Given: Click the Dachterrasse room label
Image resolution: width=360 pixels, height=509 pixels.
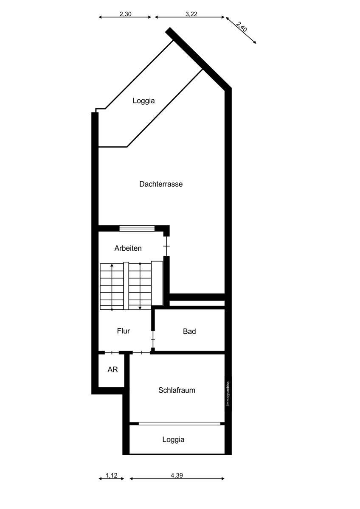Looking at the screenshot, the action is [x=161, y=184].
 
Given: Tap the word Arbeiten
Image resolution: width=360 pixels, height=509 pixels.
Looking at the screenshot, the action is [x=128, y=248].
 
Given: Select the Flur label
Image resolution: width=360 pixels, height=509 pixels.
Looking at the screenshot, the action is [x=124, y=331].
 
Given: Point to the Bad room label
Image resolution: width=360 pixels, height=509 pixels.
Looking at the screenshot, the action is [x=189, y=331].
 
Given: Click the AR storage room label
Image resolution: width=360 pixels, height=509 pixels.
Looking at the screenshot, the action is [x=112, y=369].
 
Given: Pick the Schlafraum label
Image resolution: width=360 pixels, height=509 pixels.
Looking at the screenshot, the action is [x=177, y=390].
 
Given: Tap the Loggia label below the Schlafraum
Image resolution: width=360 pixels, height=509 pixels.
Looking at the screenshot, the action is [x=173, y=439].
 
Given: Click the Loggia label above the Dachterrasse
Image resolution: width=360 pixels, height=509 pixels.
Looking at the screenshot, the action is [x=144, y=101].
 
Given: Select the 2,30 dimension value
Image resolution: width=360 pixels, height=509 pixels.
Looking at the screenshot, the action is [x=126, y=14].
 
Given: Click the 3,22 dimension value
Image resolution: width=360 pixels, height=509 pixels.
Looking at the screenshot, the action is [x=191, y=14].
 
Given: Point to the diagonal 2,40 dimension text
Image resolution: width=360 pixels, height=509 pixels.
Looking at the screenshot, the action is [x=242, y=27].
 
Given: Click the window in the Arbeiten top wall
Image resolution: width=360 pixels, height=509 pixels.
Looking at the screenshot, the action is [x=137, y=228].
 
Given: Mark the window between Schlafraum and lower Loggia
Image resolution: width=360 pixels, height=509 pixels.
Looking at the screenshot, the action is [x=180, y=424].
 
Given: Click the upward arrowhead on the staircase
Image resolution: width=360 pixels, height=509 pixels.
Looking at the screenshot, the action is [x=112, y=266].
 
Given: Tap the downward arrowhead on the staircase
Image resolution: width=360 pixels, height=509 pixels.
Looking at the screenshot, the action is [x=140, y=308].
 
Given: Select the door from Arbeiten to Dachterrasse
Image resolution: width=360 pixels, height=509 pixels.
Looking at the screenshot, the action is [x=167, y=246].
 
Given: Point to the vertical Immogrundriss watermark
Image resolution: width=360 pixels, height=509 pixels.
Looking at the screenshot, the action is [x=228, y=393].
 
